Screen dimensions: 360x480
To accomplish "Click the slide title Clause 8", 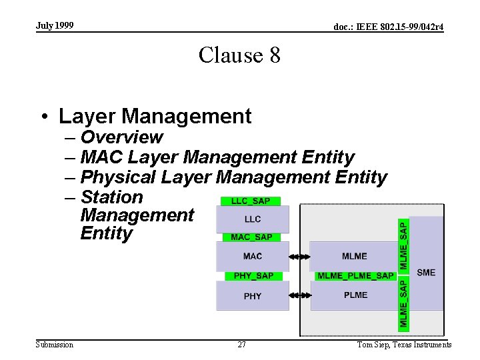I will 239,55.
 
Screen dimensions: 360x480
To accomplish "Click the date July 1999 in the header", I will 55,25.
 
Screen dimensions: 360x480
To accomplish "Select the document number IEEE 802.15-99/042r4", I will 389,27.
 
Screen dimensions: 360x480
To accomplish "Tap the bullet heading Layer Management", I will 155,116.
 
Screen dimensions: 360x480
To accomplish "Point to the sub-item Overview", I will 121,137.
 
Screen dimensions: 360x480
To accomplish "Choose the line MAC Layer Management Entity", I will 217,157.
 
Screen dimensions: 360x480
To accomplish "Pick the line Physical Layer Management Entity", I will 233,177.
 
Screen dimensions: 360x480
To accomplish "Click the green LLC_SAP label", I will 251,201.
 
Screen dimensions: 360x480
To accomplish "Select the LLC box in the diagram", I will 253,219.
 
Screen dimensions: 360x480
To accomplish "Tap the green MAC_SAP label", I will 251,237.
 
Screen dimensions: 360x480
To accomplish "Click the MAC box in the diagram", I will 253,256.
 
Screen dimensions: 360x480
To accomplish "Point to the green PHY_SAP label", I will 253,275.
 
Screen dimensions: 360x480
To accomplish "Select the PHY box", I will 253,296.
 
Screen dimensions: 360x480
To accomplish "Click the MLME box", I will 354,256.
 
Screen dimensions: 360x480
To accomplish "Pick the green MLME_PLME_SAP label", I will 355,275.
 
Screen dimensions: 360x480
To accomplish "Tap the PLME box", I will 355,295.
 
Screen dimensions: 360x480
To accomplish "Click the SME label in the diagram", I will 426,272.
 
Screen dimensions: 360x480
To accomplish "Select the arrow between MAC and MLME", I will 300,256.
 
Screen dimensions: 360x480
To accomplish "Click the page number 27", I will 241,345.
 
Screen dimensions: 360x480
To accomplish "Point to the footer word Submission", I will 55,345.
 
